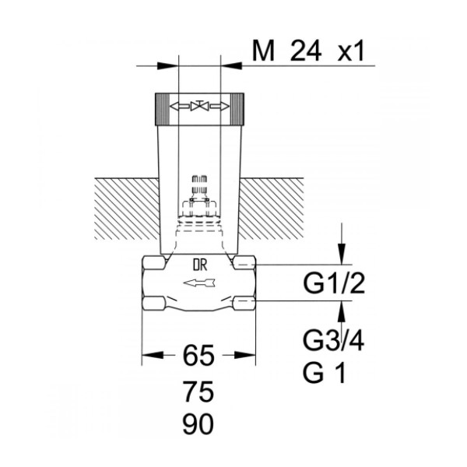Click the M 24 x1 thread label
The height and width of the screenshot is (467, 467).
click(308, 51)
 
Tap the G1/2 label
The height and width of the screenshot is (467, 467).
click(334, 283)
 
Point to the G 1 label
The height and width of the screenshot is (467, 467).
click(325, 372)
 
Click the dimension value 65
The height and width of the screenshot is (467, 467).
click(198, 355)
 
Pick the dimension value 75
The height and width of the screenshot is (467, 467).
click(198, 392)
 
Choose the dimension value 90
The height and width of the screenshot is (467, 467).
click(198, 423)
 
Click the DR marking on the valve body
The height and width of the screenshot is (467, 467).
click(200, 265)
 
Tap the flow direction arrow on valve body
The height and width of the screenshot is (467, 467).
click(199, 283)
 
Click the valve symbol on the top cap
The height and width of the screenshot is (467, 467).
click(199, 106)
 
